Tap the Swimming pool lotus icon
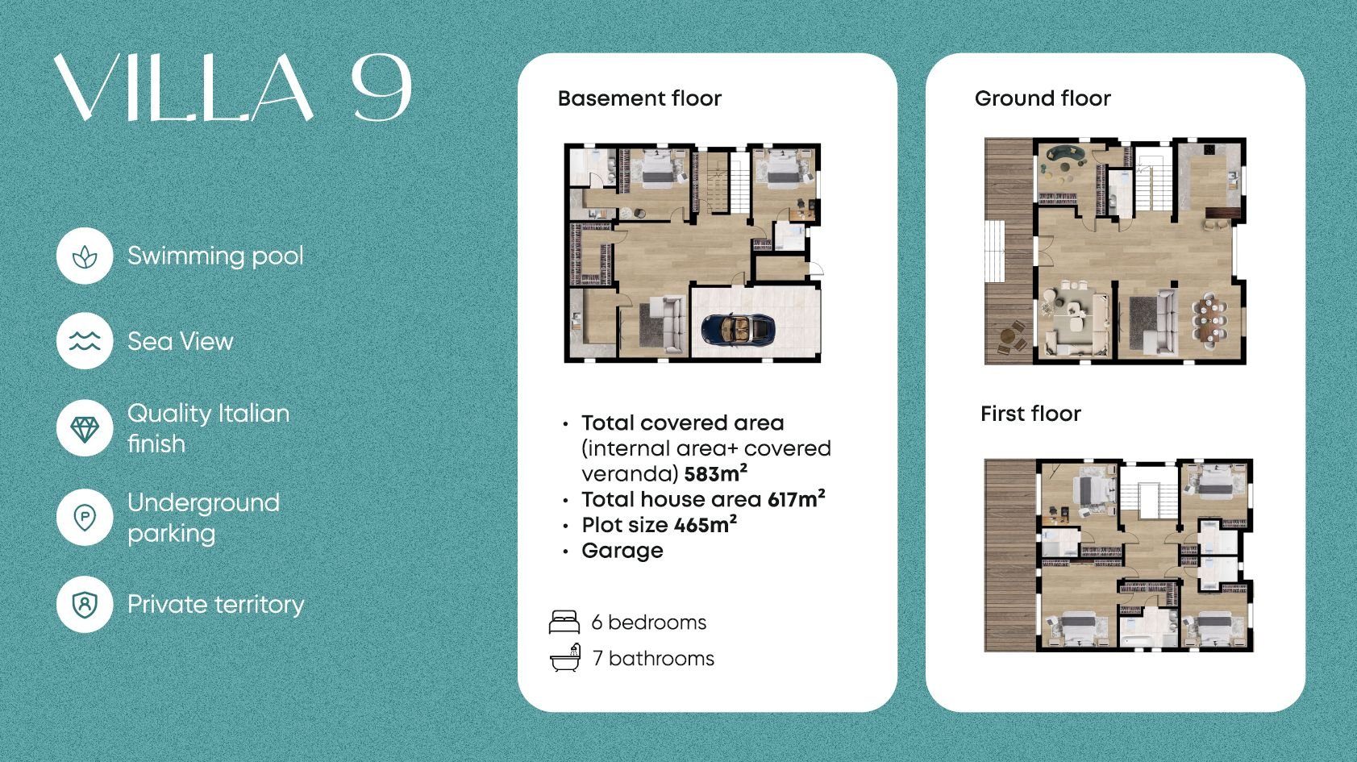(x=85, y=257)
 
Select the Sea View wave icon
(x=85, y=341)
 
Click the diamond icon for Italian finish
(x=85, y=429)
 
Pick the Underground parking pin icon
(x=85, y=518)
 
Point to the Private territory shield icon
(x=85, y=605)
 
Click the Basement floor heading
(x=639, y=98)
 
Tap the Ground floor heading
(x=1043, y=98)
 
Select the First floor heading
(x=1030, y=414)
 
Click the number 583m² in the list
(x=715, y=473)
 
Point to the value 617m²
(x=796, y=498)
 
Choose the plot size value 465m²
(x=706, y=524)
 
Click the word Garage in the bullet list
(x=622, y=551)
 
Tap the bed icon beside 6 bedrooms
(x=564, y=622)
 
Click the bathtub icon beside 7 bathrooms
(x=565, y=658)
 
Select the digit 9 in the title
(x=382, y=88)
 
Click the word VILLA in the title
(x=184, y=88)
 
